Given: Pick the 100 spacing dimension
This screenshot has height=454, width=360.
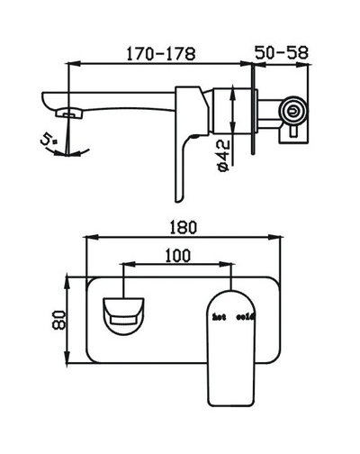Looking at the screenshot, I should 178,255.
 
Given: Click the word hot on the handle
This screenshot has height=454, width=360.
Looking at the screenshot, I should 219,317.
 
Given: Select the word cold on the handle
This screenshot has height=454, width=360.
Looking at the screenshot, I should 246,317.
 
